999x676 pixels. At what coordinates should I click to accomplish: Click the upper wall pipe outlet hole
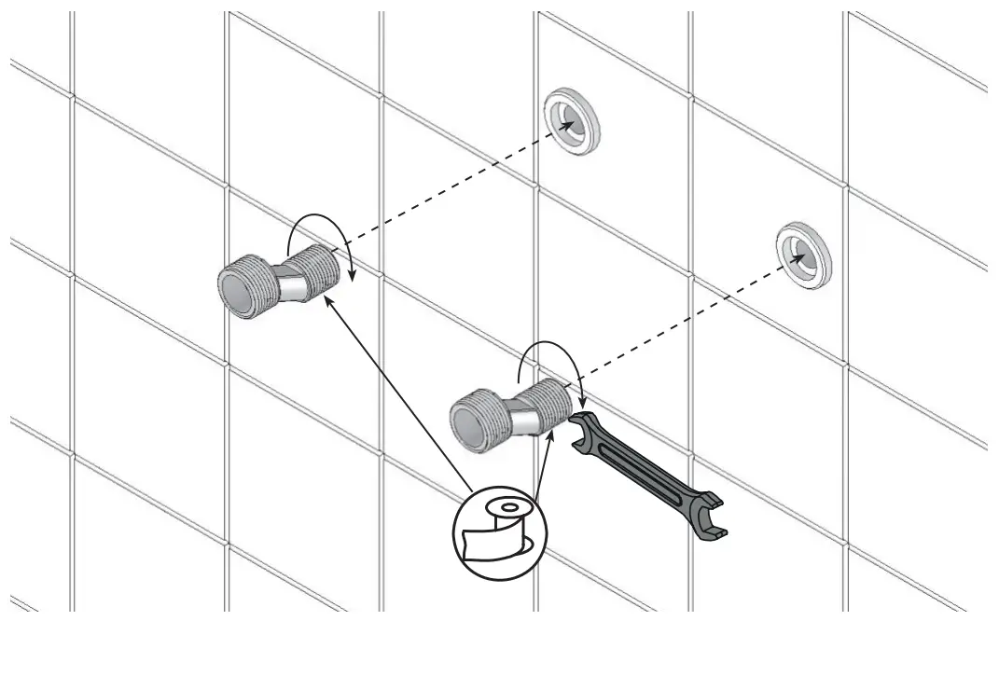click(x=571, y=121)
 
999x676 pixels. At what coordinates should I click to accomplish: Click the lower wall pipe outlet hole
click(x=802, y=255)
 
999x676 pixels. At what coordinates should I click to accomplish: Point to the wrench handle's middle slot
click(x=643, y=470)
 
